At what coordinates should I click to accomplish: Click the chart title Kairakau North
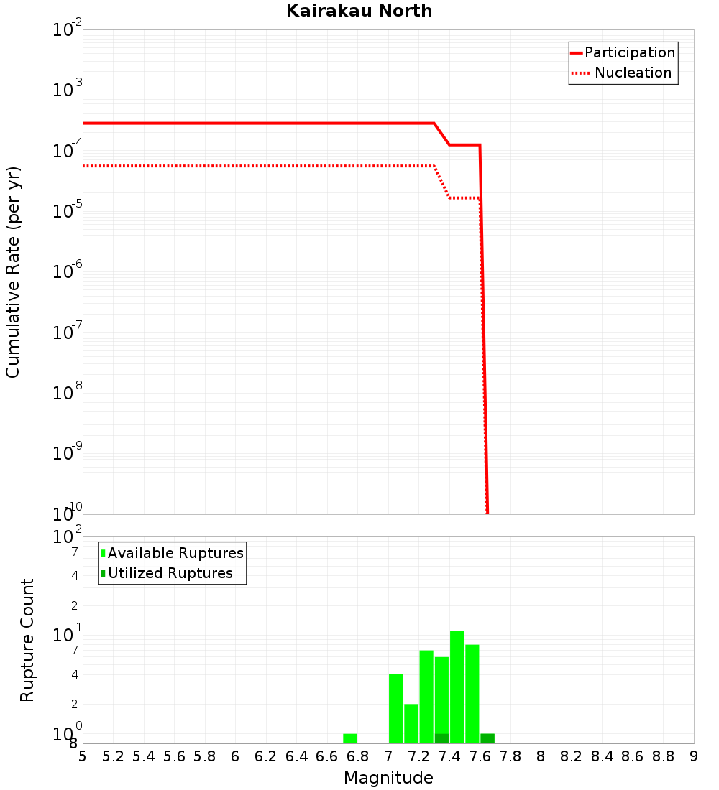[359, 11]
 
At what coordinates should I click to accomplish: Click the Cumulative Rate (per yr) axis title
[13, 271]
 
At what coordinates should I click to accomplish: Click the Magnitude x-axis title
[388, 778]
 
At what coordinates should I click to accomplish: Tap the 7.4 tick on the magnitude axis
[449, 756]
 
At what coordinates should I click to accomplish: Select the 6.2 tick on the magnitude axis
[266, 756]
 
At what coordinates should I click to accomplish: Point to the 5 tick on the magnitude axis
[83, 756]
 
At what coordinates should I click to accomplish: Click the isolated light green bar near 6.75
[350, 738]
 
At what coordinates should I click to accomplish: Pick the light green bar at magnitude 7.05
[395, 707]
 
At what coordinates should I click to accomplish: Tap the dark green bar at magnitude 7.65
[487, 738]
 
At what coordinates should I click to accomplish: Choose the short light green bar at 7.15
[411, 722]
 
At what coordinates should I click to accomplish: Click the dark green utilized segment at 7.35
[441, 738]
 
